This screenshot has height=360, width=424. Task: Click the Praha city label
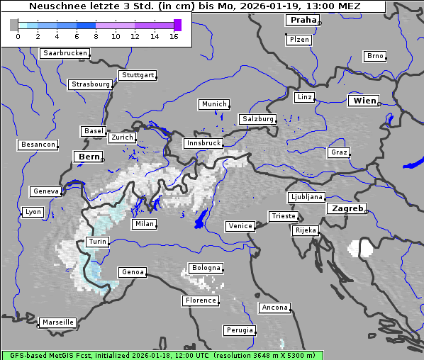303,20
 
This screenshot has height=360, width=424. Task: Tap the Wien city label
364,101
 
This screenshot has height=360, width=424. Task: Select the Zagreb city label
347,208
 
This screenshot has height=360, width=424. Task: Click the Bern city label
89,157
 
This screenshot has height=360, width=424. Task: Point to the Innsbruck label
203,143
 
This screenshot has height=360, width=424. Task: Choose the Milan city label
144,224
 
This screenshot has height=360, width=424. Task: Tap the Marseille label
57,322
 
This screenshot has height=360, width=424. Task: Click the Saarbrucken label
65,53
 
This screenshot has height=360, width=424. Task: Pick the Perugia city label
239,330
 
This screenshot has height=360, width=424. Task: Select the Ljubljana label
306,197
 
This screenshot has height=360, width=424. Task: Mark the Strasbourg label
91,84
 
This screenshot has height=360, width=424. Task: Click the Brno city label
375,56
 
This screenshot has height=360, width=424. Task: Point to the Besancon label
38,145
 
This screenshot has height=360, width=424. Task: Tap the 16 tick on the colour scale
174,36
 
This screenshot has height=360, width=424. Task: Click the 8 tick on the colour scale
96,36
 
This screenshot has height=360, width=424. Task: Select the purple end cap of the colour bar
177,25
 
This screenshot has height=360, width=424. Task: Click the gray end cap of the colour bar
14,25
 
